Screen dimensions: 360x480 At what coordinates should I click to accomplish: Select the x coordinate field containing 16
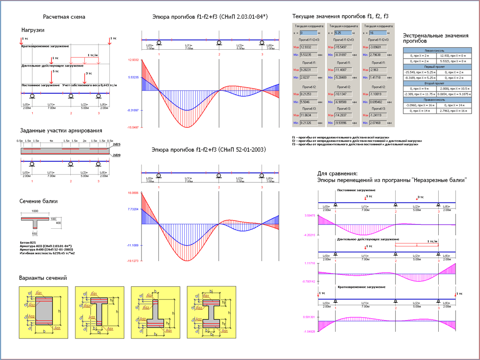click(x=377, y=33)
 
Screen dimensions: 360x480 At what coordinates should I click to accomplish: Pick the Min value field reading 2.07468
click(x=378, y=122)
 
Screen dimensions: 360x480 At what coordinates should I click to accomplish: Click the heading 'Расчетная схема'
click(x=64, y=17)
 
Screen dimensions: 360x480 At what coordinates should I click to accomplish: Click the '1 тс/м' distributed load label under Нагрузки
click(x=93, y=55)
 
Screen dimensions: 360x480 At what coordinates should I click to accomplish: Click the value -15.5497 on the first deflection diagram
click(x=133, y=127)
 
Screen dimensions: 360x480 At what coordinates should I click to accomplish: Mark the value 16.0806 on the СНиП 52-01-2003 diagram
click(x=133, y=193)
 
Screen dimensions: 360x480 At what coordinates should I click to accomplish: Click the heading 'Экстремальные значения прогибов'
click(x=435, y=38)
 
